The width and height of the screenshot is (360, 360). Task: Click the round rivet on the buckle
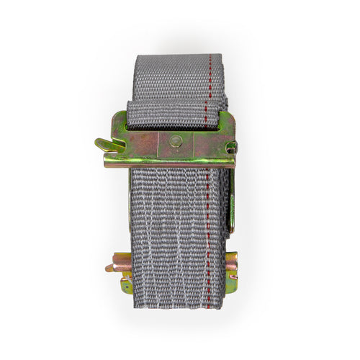(x=176, y=140)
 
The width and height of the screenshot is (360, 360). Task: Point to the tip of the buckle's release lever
(x=97, y=142)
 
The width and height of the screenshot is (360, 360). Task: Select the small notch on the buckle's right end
(x=230, y=147)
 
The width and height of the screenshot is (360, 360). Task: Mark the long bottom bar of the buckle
(x=169, y=162)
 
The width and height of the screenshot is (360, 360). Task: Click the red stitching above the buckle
(x=208, y=79)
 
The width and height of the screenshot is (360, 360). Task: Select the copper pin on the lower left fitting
(x=119, y=265)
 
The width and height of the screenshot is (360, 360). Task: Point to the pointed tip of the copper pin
(x=107, y=268)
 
